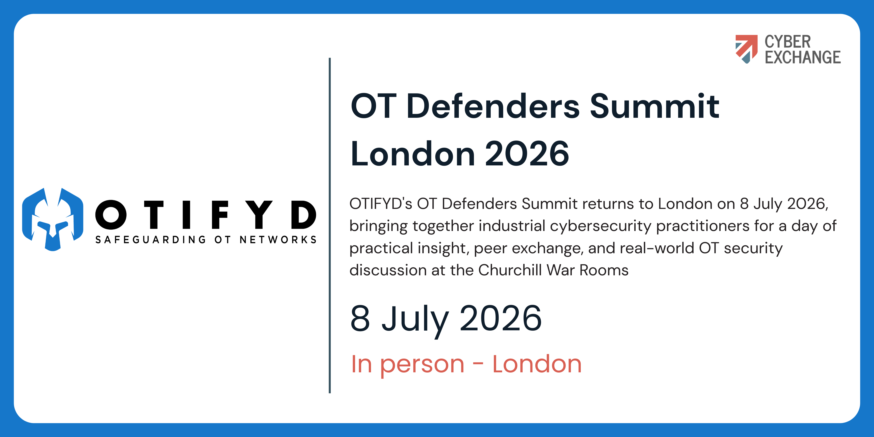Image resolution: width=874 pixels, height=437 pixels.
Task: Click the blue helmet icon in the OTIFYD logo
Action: [x=53, y=219]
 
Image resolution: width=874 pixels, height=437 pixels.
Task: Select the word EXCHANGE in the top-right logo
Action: [x=802, y=57]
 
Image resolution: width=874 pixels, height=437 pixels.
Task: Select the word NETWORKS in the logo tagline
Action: [x=278, y=239]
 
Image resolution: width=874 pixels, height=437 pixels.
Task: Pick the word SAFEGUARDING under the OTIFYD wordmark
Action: [x=150, y=239]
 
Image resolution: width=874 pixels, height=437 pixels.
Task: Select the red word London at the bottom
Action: [x=537, y=364]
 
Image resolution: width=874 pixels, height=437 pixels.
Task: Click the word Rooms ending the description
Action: [x=604, y=271]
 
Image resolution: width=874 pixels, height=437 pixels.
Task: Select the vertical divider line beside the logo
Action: [x=330, y=226]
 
